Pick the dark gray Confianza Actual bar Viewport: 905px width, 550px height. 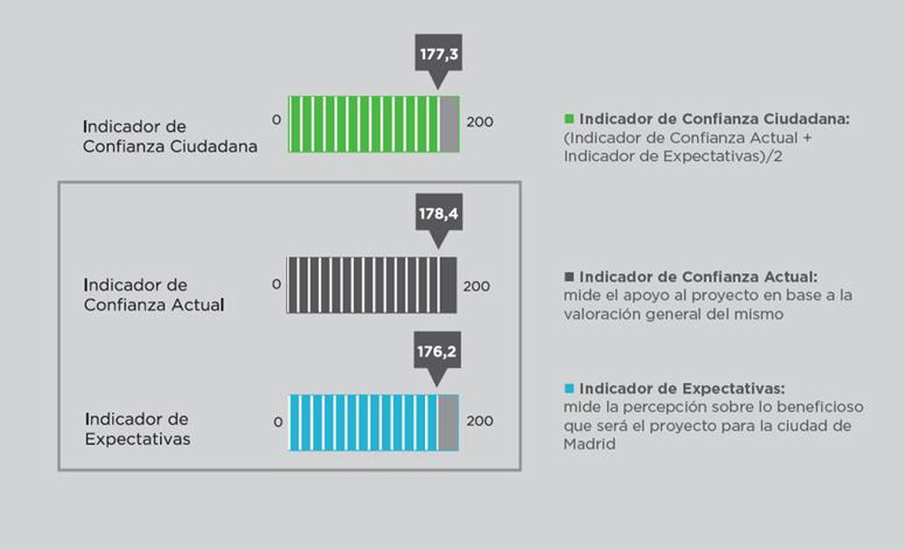372,286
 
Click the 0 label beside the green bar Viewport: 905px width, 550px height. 277,119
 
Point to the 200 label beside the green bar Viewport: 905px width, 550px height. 480,122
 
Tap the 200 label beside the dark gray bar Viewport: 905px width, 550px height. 476,286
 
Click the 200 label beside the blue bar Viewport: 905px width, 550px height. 480,421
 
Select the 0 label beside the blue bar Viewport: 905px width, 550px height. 278,423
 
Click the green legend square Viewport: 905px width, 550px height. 569,119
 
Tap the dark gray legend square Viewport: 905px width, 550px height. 569,277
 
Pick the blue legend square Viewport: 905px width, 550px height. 569,388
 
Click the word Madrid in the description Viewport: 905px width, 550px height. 589,444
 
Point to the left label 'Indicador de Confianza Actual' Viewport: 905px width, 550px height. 154,294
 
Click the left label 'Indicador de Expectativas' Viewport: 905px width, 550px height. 137,429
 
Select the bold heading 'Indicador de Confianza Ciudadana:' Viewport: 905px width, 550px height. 714,119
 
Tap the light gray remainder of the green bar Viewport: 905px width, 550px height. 450,124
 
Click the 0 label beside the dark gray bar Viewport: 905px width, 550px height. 277,284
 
